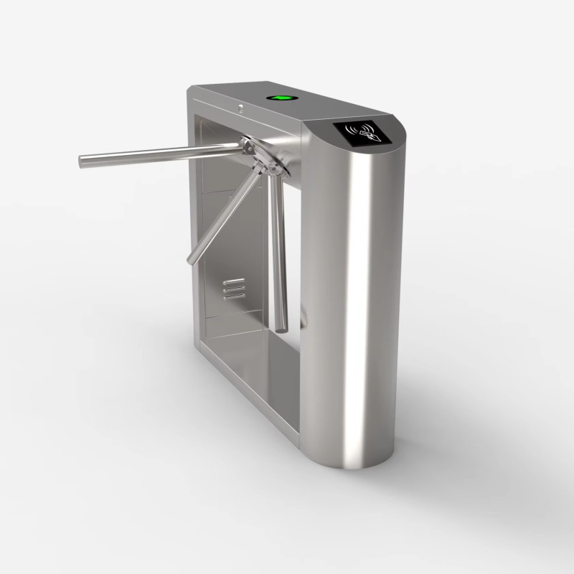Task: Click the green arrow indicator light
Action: point(281,98)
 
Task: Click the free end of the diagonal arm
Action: point(192,259)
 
